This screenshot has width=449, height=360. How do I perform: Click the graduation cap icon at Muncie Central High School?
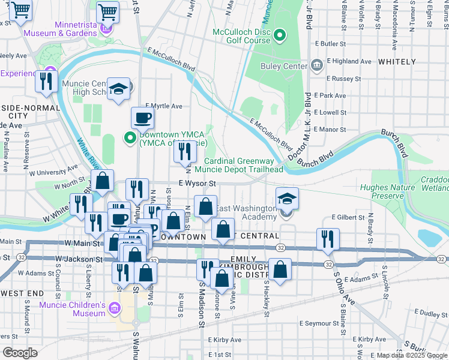pyautogui.click(x=119, y=90)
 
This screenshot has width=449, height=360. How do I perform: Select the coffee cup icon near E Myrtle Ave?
pyautogui.click(x=142, y=118)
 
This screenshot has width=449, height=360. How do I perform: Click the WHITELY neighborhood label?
pyautogui.click(x=397, y=62)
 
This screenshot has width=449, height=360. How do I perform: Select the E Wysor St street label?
pyautogui.click(x=197, y=184)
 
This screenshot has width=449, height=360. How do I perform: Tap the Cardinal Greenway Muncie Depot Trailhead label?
pyautogui.click(x=243, y=165)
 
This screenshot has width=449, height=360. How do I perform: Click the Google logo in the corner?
pyautogui.click(x=20, y=352)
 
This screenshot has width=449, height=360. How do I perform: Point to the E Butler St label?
pyautogui.click(x=330, y=44)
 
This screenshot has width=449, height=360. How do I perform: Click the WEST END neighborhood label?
pyautogui.click(x=22, y=293)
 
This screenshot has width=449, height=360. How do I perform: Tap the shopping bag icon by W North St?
pyautogui.click(x=103, y=181)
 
